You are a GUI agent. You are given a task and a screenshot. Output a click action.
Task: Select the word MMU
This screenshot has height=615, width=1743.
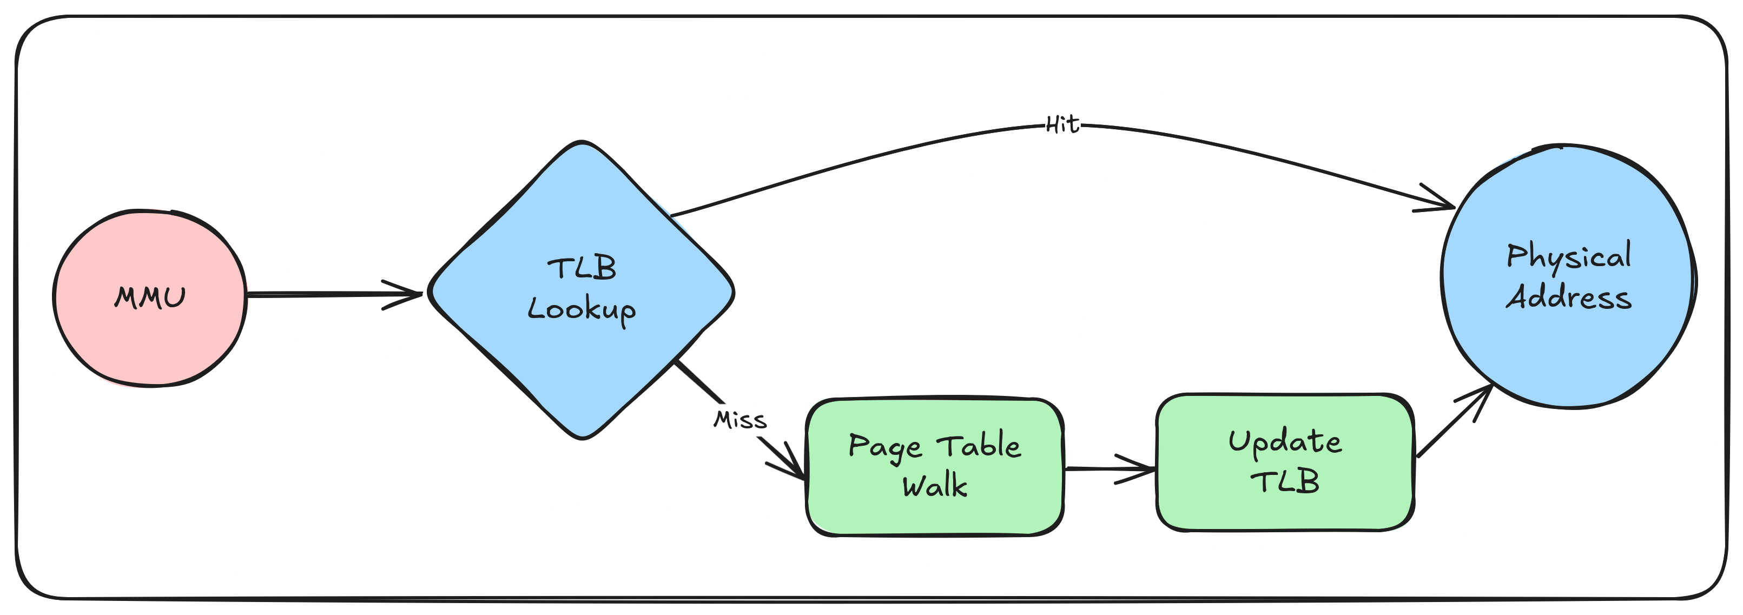pos(149,297)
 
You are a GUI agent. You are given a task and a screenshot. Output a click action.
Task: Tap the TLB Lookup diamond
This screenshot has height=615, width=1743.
pos(582,379)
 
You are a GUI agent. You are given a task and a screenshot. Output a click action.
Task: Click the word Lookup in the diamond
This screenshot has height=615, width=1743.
pos(582,310)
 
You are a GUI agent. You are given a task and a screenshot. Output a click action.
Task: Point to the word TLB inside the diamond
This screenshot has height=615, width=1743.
pos(582,269)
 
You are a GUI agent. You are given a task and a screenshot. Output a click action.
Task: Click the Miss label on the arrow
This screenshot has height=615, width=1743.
pos(740,420)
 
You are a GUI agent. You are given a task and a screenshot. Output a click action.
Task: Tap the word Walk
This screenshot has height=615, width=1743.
pos(934,486)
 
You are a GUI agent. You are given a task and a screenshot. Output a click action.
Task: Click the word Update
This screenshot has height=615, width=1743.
pos(1285,441)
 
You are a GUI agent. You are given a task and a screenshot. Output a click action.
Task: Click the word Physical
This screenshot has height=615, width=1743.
pos(1568,256)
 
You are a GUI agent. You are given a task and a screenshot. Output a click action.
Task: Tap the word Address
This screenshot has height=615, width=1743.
pos(1568,297)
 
